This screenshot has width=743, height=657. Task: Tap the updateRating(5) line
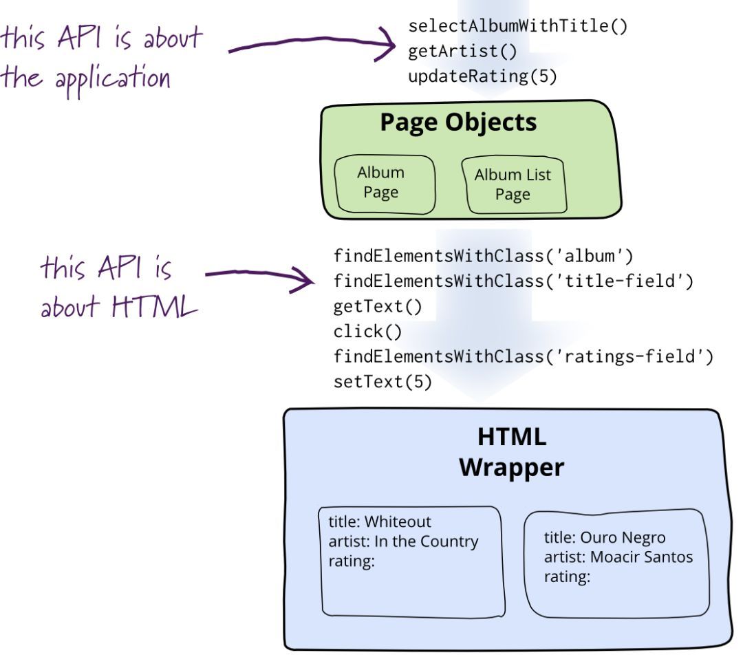[x=482, y=74]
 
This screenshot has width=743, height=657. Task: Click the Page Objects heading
[x=458, y=122]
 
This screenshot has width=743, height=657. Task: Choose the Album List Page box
[x=513, y=184]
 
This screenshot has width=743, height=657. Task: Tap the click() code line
[x=358, y=331]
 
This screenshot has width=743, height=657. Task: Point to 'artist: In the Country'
[x=403, y=541]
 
